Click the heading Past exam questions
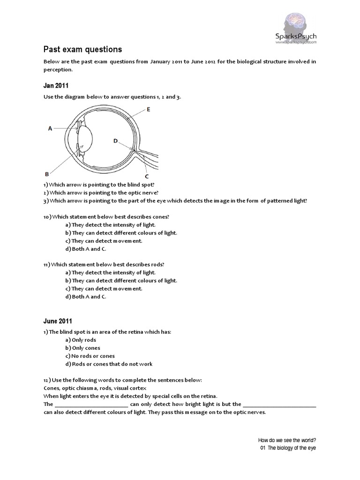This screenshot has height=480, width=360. [x=82, y=49]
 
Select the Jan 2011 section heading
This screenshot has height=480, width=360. [x=56, y=85]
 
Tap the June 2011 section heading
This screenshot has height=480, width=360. [x=58, y=321]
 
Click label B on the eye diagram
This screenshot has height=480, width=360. [x=47, y=173]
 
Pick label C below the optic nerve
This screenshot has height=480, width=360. [x=147, y=176]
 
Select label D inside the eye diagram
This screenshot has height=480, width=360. [x=116, y=140]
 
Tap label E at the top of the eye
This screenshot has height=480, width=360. [x=148, y=109]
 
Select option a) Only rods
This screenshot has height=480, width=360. [x=81, y=340]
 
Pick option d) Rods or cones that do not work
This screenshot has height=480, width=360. [x=109, y=364]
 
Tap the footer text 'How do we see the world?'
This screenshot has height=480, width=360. [x=287, y=440]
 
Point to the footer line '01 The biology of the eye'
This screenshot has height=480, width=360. [x=288, y=448]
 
